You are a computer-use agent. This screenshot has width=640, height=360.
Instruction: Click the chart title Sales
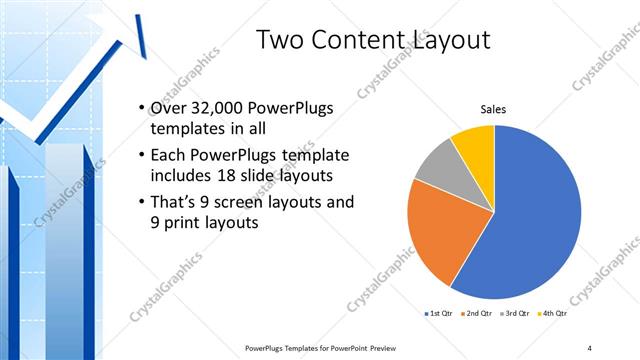pyautogui.click(x=494, y=109)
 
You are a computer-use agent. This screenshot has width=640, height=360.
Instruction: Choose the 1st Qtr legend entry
pyautogui.click(x=440, y=313)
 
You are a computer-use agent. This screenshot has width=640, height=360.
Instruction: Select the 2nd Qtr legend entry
pyautogui.click(x=478, y=313)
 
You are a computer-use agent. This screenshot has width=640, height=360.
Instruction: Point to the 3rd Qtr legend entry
pyautogui.click(x=517, y=313)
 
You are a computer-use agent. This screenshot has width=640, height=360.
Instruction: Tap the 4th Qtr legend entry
pyautogui.click(x=556, y=313)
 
